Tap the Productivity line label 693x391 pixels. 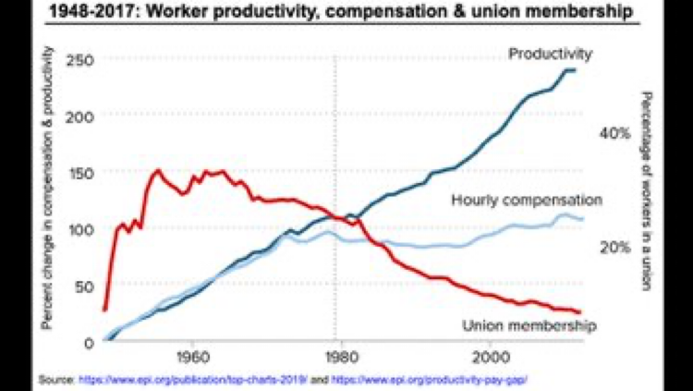pos(550,55)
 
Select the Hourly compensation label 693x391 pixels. pos(527,200)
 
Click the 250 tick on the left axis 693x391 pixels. pos(81,60)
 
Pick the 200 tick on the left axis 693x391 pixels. pos(81,116)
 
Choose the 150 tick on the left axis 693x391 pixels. pos(81,173)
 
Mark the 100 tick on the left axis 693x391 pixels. pos(81,229)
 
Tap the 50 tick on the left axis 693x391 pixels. pos(85,286)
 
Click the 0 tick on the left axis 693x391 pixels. pos(90,342)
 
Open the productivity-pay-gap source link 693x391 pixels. pos(441,380)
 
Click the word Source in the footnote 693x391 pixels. pos(55,380)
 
